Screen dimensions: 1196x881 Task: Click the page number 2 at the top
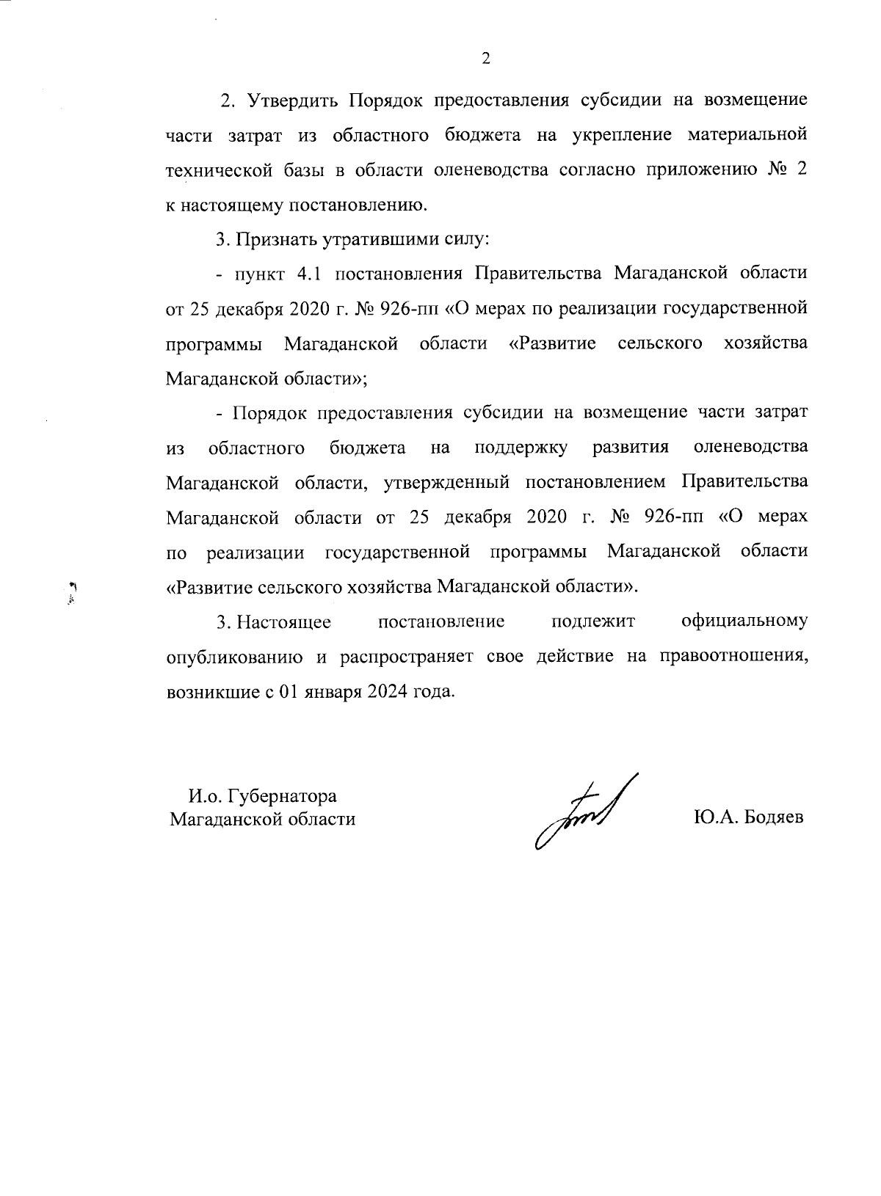coord(485,59)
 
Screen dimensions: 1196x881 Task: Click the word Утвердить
coord(293,101)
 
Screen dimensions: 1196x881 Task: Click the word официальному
coord(744,621)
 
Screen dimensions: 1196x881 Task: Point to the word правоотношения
coord(733,656)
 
